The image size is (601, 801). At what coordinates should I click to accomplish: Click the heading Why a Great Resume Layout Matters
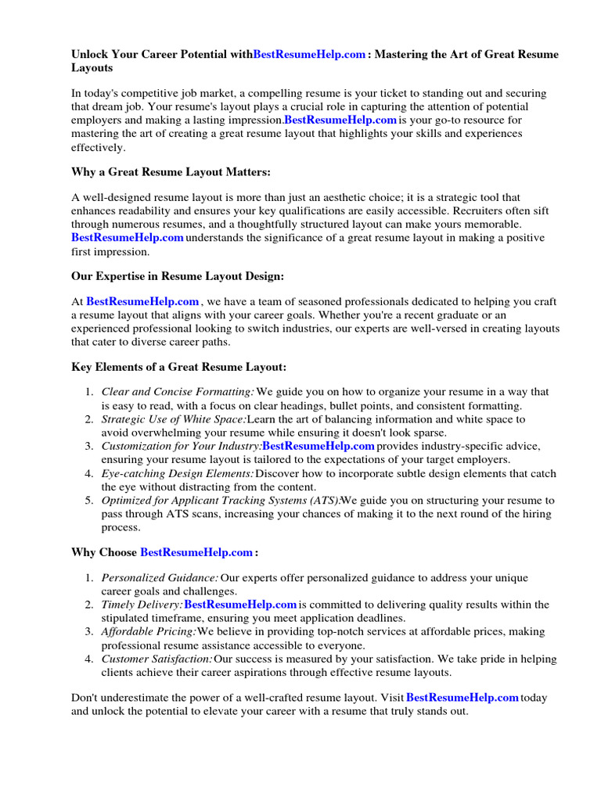point(171,171)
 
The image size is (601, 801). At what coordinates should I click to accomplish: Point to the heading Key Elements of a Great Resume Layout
point(179,366)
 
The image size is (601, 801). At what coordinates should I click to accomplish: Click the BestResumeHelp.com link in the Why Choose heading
point(196,552)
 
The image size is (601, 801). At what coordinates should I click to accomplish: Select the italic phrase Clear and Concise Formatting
point(178,392)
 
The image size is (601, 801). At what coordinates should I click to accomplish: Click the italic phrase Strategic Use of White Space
point(173,419)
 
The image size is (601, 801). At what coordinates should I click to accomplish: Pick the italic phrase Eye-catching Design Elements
point(178,473)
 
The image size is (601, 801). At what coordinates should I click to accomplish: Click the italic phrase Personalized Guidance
point(160,578)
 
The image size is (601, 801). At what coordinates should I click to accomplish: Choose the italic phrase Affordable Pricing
point(149,631)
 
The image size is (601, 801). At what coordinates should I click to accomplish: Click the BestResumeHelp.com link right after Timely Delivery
point(240,605)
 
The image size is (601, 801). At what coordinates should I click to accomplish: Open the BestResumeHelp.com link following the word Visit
point(462,697)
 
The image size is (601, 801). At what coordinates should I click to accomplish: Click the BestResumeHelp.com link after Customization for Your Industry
point(318,446)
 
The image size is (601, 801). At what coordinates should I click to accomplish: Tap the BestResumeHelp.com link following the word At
point(142,301)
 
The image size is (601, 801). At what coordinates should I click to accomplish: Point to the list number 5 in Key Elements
point(89,500)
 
